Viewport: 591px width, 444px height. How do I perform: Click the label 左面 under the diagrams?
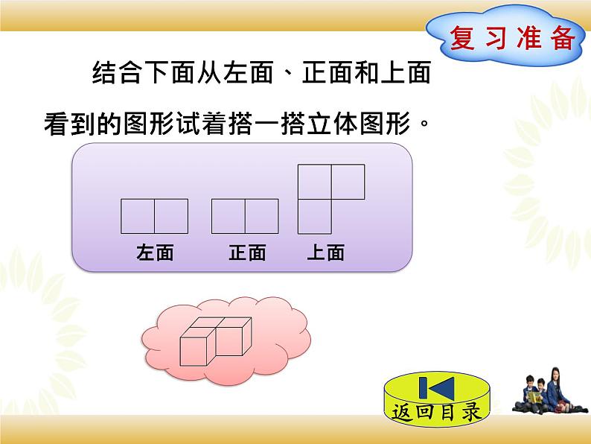(155, 253)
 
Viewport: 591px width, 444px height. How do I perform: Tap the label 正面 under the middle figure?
(247, 253)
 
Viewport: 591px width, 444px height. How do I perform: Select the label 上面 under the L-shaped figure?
(326, 253)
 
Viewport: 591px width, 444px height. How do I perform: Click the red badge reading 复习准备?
(513, 38)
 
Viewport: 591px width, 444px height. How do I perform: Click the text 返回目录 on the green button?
(438, 412)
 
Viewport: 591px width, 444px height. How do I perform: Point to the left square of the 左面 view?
(138, 216)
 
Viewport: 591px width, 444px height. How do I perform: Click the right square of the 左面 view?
(171, 216)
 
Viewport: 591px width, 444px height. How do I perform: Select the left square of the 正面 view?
(229, 216)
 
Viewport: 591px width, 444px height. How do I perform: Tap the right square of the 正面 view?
(262, 216)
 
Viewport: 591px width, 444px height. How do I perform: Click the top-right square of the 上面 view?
(348, 182)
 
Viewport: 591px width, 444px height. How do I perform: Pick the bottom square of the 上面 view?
(314, 216)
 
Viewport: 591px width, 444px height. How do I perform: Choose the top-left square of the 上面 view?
(314, 182)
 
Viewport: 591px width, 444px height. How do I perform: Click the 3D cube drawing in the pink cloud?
(216, 340)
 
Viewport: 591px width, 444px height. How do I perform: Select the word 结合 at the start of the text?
(109, 75)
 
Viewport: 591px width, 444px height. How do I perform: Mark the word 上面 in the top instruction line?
(405, 75)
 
